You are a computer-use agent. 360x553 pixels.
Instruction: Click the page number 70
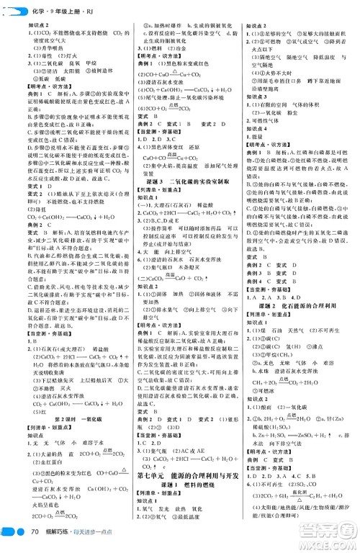point(33,533)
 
